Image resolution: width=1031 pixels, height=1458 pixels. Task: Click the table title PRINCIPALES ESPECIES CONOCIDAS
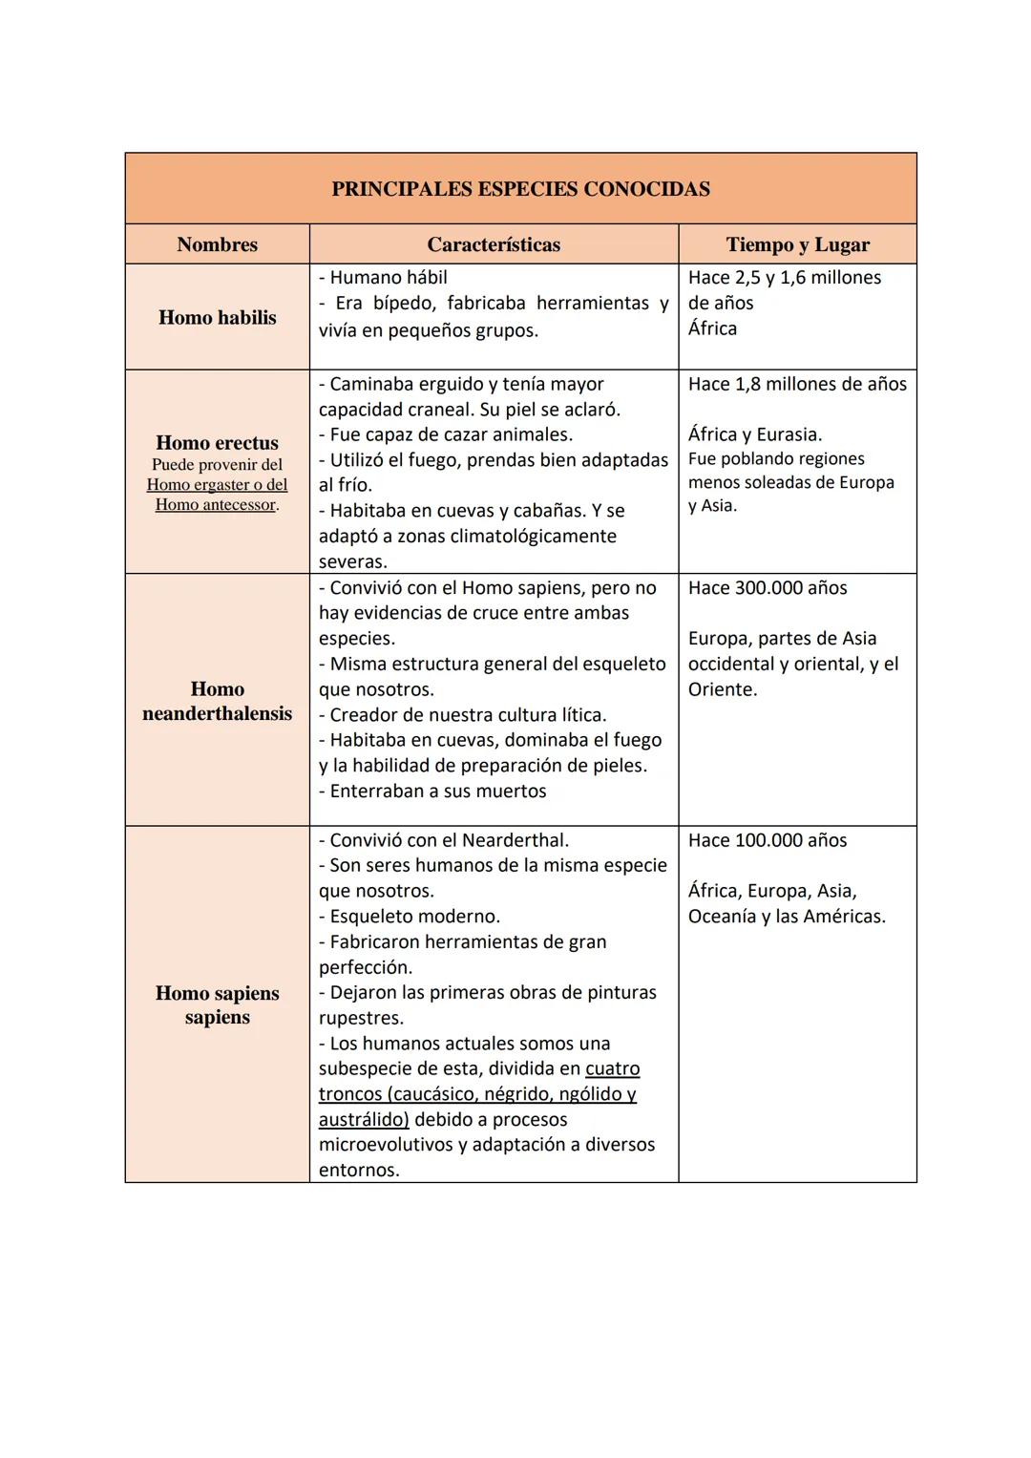point(520,189)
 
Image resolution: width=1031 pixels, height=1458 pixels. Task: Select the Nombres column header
point(217,244)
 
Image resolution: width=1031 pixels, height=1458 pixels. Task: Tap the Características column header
point(494,244)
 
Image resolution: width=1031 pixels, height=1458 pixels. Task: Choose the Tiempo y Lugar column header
point(797,244)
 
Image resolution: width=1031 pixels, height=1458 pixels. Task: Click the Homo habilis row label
point(217,318)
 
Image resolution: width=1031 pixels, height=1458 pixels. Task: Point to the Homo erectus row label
point(217,443)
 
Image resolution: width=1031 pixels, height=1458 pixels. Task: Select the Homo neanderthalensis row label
point(217,701)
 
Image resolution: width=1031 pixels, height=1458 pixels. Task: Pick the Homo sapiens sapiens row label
point(217,1004)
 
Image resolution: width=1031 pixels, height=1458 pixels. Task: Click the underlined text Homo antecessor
point(216,505)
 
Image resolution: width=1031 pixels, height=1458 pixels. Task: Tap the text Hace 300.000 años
point(768,588)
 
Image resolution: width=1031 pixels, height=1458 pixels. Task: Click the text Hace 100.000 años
point(768,840)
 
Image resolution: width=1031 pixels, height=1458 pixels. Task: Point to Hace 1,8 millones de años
point(797,384)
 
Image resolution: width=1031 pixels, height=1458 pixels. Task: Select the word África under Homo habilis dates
point(712,328)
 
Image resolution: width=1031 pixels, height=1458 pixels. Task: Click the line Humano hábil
point(383,278)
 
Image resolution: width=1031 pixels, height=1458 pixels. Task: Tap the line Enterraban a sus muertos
point(432,792)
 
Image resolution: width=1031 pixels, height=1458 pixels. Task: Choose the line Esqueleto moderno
point(410,917)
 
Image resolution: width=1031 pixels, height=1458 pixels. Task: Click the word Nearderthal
point(515,840)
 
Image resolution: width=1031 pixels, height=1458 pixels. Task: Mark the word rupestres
point(361,1018)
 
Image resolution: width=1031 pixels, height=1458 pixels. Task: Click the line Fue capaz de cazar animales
point(446,435)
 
